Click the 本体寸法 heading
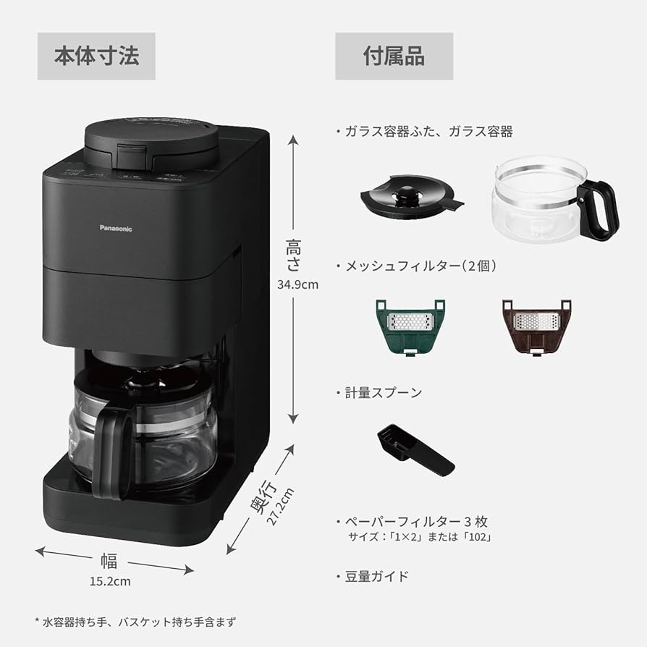click(x=96, y=56)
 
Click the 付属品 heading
click(x=394, y=56)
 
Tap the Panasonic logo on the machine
click(x=116, y=228)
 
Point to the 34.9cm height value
click(x=297, y=284)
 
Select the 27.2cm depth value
click(x=282, y=509)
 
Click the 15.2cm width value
click(x=111, y=580)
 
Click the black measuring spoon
click(x=415, y=449)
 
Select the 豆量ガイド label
click(x=376, y=576)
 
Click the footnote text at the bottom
click(x=135, y=621)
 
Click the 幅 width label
click(x=109, y=562)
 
